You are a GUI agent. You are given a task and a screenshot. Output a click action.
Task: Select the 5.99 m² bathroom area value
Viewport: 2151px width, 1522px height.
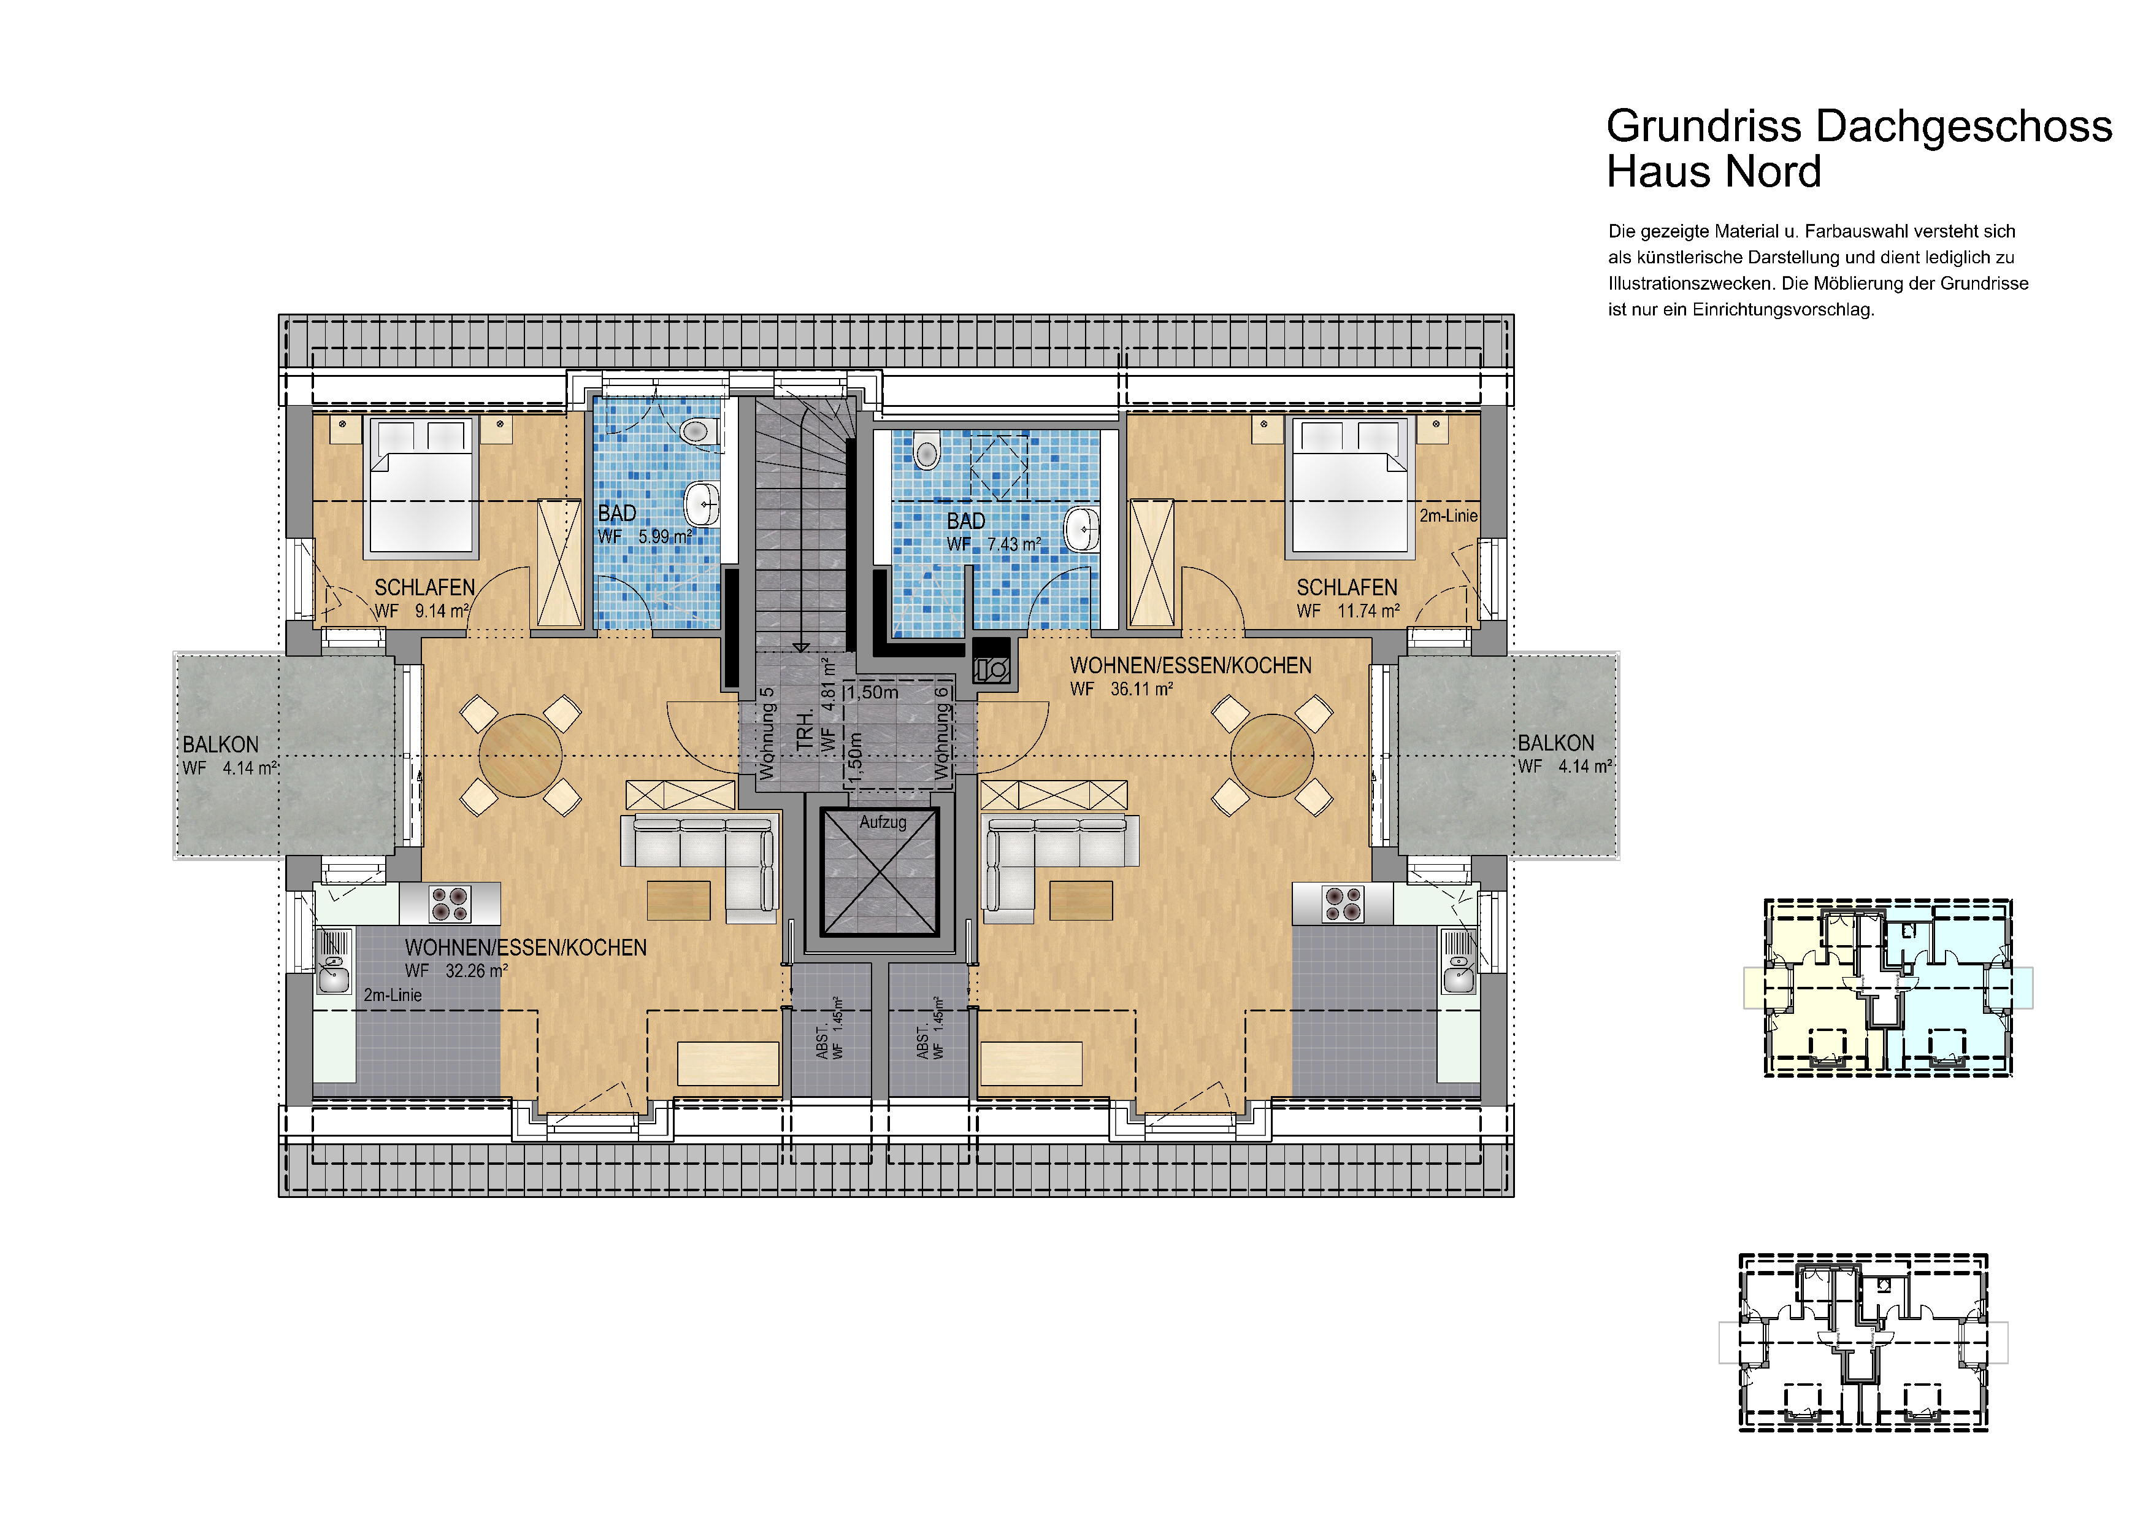click(x=665, y=536)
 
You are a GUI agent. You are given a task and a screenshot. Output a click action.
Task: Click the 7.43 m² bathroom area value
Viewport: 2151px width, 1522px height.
click(x=1014, y=544)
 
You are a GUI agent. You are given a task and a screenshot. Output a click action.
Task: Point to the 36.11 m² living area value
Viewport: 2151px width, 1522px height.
click(x=1142, y=689)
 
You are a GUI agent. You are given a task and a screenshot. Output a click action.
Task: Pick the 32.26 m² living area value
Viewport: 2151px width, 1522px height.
click(x=477, y=971)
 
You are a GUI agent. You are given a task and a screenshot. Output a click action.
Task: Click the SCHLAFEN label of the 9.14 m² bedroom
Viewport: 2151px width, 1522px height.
click(x=424, y=587)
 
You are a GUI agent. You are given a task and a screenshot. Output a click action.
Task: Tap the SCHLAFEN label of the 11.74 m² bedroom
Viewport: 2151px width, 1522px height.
click(x=1346, y=587)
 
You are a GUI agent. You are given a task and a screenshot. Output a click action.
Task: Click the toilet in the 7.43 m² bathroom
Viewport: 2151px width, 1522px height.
click(x=927, y=452)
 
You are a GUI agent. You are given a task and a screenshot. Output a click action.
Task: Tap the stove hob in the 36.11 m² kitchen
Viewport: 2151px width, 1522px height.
click(x=1343, y=903)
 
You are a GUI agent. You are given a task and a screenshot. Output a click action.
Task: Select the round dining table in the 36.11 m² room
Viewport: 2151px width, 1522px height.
click(x=1272, y=755)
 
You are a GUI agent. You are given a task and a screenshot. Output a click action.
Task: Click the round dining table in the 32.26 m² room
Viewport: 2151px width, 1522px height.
click(x=521, y=755)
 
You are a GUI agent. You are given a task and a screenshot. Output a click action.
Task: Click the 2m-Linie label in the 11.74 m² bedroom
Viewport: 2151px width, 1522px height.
click(x=1447, y=516)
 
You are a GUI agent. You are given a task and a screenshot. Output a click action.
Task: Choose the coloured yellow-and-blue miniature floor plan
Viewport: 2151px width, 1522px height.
click(x=1888, y=988)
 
